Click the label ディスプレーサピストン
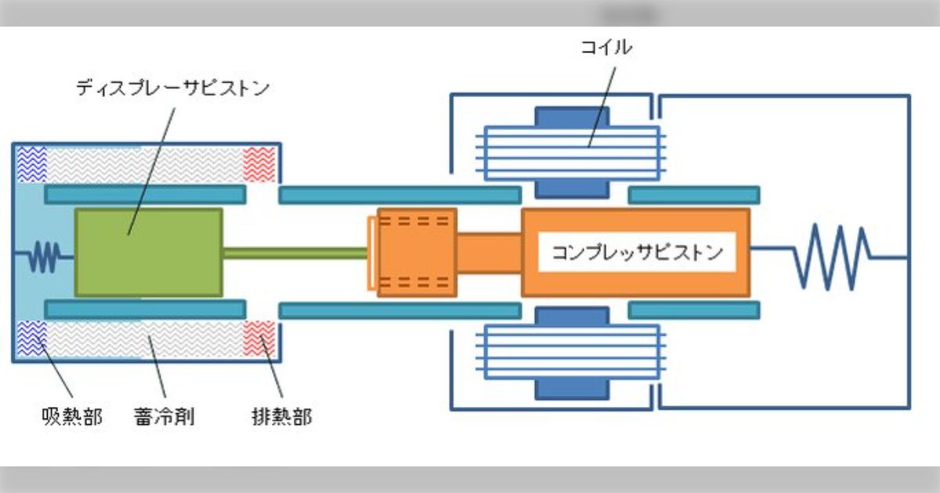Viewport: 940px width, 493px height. [172, 87]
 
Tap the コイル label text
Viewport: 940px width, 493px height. [606, 48]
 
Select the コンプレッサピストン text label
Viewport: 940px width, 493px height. [637, 253]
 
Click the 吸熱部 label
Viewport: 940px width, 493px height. [71, 416]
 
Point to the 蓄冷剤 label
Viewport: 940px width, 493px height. [164, 416]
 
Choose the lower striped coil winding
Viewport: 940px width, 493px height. [572, 353]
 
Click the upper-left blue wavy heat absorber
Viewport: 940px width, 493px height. [31, 164]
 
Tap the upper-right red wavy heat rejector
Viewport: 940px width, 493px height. [259, 164]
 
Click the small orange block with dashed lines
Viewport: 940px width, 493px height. [415, 253]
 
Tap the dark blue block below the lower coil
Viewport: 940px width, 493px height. [572, 389]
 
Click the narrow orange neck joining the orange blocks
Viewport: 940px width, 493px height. [489, 253]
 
